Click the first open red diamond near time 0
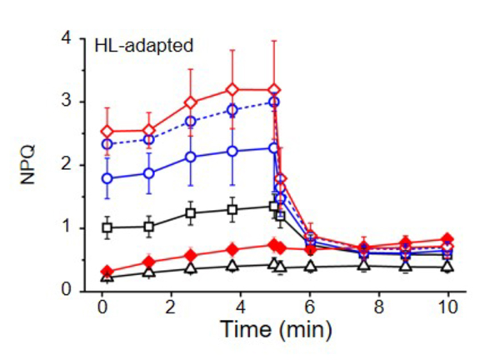[107, 131]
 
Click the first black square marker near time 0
[107, 227]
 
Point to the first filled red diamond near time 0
[107, 272]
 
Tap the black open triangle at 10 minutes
[448, 267]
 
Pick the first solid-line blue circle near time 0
[107, 178]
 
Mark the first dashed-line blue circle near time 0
[107, 144]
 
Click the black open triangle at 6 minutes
[311, 267]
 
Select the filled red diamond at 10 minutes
[448, 240]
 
